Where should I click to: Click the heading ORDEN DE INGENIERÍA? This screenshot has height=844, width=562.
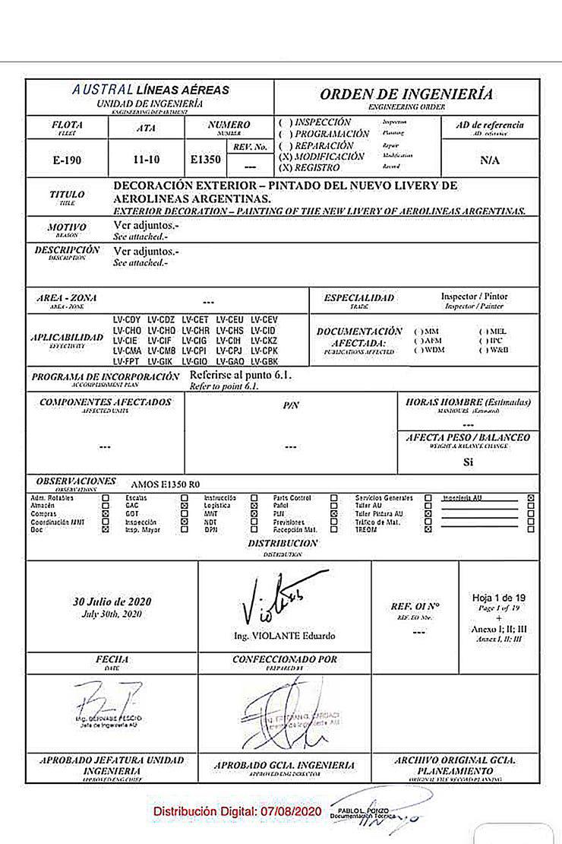(406, 94)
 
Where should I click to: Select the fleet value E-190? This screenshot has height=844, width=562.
(67, 160)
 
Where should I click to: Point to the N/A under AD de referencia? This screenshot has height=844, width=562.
(489, 161)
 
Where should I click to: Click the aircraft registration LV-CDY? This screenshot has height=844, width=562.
(127, 319)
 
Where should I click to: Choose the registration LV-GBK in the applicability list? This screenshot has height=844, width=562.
(264, 362)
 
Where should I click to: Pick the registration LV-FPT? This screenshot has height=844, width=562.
(127, 362)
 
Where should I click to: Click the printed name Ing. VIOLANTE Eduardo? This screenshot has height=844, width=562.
(284, 636)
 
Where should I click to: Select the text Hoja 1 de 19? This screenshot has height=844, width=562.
(498, 597)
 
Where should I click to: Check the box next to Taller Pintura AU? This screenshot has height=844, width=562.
(428, 514)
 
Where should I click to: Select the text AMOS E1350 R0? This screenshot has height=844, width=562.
(166, 484)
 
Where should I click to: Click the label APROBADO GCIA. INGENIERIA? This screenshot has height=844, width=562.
(284, 765)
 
